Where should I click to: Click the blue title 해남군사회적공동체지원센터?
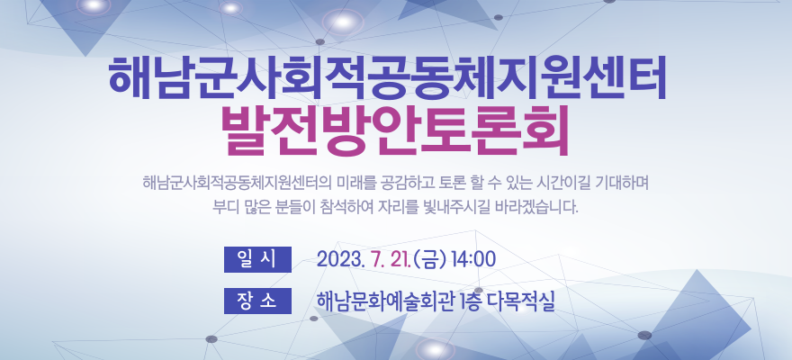[387, 78]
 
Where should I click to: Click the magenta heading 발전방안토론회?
[394, 131]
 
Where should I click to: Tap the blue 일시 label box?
[257, 259]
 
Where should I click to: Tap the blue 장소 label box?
[257, 301]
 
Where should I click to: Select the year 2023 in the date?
[340, 259]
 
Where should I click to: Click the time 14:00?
[473, 259]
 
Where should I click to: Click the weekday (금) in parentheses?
[430, 259]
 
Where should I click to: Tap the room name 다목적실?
[521, 301]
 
